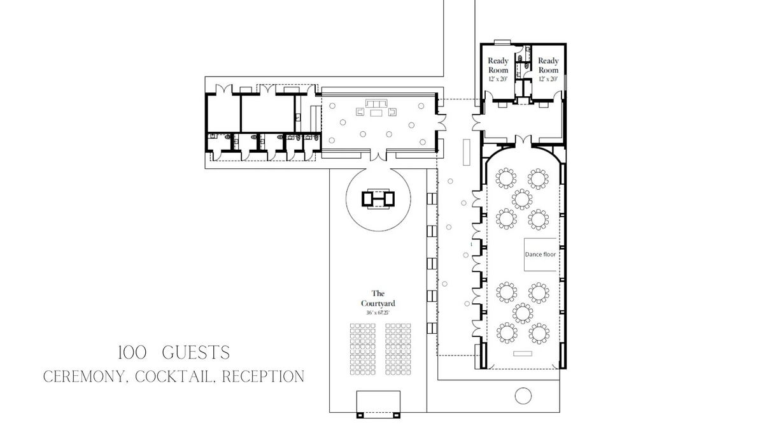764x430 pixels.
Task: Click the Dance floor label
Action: (541, 255)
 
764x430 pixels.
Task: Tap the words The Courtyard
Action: (378, 298)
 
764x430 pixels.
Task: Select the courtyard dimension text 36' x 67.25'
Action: (378, 313)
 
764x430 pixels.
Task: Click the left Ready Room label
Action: (499, 65)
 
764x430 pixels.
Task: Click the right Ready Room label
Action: (548, 65)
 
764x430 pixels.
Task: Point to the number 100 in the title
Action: (132, 352)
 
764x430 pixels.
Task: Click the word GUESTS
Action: (196, 352)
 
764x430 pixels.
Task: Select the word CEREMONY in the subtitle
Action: (84, 376)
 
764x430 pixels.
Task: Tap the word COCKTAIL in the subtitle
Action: (174, 376)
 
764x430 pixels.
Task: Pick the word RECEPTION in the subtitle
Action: (263, 376)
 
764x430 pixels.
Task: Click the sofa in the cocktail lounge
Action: (376, 103)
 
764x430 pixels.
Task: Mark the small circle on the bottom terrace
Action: (523, 396)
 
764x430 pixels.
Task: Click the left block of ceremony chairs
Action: (362, 349)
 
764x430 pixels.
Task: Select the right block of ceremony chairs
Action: (398, 349)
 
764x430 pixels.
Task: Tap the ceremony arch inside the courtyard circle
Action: (378, 198)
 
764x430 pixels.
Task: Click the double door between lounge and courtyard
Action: (378, 155)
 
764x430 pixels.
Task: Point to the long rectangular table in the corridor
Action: (466, 152)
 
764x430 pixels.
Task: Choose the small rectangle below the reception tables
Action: (523, 354)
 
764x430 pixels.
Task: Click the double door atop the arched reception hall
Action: (523, 140)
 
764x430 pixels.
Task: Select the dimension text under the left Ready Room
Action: (499, 79)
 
